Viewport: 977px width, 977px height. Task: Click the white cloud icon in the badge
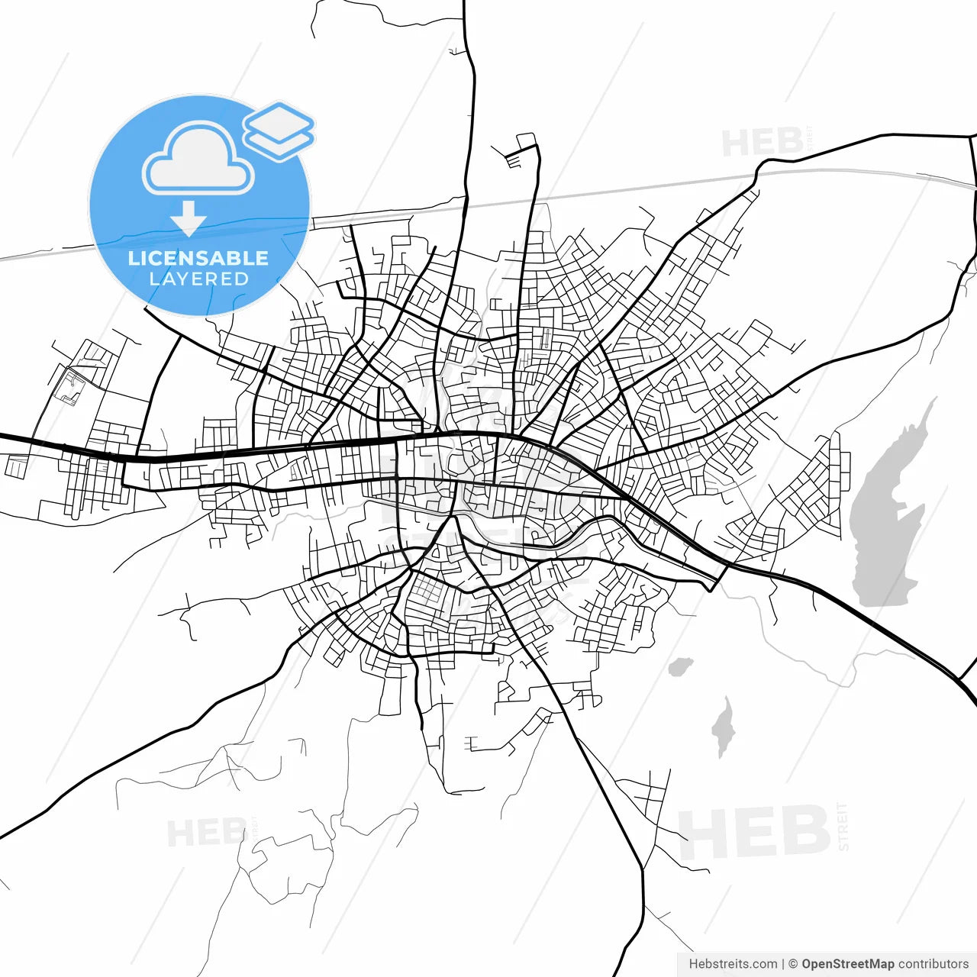point(198,160)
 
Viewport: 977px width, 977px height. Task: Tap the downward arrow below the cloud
point(189,219)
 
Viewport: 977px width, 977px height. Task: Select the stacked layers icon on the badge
point(279,130)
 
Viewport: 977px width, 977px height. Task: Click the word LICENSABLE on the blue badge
point(198,258)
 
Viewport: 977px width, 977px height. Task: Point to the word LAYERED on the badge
point(198,279)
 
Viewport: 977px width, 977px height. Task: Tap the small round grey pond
point(679,667)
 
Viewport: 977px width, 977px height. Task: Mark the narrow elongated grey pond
point(723,727)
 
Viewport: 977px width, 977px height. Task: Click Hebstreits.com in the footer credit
point(733,964)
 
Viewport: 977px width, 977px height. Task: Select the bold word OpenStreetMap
point(847,964)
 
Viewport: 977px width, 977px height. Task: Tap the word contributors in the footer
point(933,964)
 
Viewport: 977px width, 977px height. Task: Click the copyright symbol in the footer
point(793,964)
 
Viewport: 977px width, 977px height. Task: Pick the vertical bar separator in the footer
point(783,964)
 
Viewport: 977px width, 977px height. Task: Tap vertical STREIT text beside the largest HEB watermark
point(843,827)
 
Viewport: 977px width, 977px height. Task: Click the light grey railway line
point(611,191)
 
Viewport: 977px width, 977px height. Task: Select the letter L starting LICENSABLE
point(133,258)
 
